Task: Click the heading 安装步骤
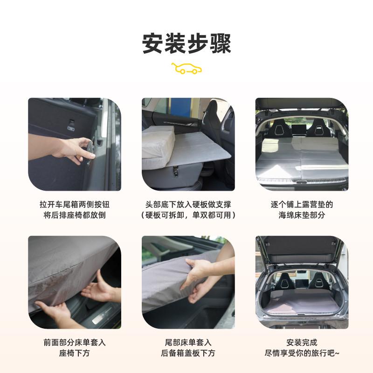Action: pyautogui.click(x=186, y=43)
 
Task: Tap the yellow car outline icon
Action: pyautogui.click(x=186, y=69)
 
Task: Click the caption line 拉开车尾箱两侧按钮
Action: pyautogui.click(x=75, y=204)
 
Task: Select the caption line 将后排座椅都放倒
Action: pyautogui.click(x=75, y=215)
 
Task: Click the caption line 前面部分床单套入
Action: pyautogui.click(x=75, y=342)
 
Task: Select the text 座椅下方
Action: pyautogui.click(x=75, y=353)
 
